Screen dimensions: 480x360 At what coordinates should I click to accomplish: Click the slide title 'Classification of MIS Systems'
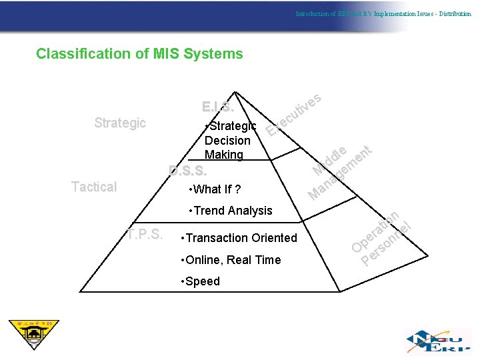click(139, 53)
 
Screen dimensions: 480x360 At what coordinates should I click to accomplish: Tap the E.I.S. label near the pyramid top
click(217, 107)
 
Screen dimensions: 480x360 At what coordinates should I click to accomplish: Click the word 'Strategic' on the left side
click(120, 123)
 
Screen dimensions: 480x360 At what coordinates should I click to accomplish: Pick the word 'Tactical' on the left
click(94, 187)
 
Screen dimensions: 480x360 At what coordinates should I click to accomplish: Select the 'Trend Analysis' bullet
click(231, 211)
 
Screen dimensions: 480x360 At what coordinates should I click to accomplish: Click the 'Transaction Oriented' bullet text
click(240, 238)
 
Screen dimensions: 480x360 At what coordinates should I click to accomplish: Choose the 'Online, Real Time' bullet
click(231, 260)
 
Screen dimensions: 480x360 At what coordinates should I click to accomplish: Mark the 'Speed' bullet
click(201, 281)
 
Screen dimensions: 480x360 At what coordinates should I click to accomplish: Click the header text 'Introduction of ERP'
click(321, 13)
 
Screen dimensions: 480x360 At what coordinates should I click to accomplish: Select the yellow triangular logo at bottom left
click(33, 334)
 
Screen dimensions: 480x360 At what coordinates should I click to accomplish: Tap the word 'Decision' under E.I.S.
click(227, 140)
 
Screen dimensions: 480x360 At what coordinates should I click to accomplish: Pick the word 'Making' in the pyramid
click(224, 155)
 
